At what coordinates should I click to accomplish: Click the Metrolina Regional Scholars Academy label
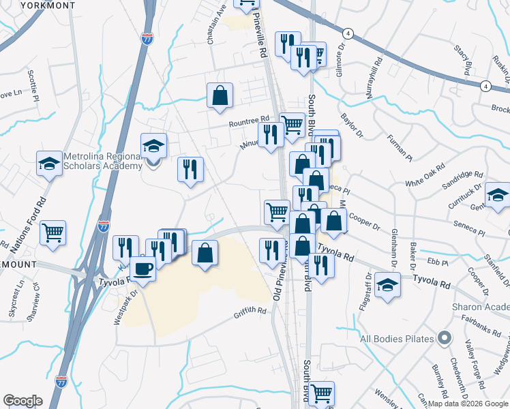pos(101,160)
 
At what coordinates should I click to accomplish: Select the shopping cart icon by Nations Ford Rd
pos(52,232)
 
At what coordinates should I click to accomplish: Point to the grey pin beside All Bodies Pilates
pos(445,337)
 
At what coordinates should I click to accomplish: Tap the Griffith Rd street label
pos(250,313)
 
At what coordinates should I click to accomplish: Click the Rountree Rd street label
pos(250,122)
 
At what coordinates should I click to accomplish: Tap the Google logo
pos(22,401)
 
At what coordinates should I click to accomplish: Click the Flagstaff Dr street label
pos(369,292)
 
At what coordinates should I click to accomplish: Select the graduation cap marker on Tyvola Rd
pos(388,284)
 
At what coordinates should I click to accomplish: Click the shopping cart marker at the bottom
pos(321,392)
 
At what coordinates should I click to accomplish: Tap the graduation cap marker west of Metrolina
pos(49,163)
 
